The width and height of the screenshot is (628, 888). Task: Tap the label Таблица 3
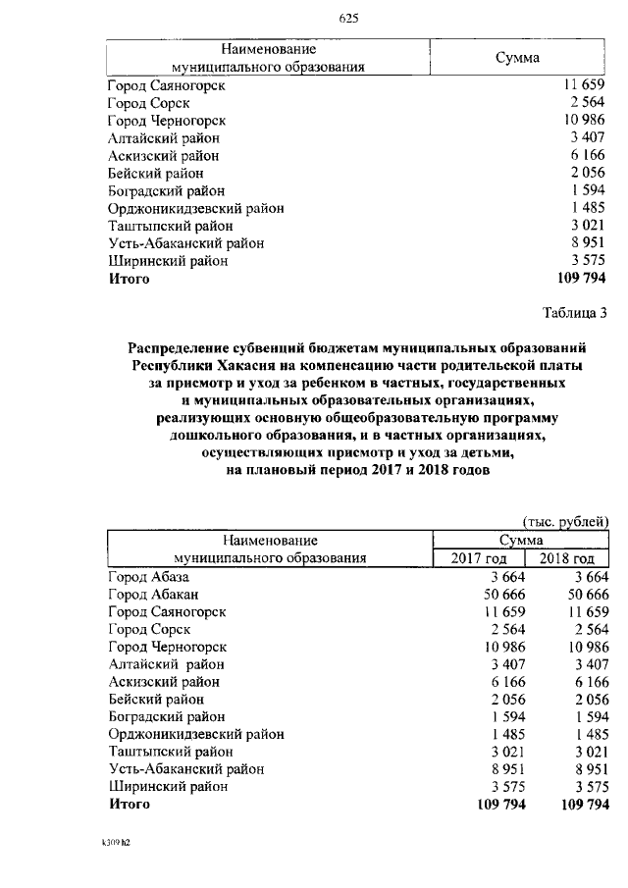[575, 313]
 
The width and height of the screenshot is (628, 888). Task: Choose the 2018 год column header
[568, 558]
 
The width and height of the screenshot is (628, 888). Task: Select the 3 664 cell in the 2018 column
[592, 576]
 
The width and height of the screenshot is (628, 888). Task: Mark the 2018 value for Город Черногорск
[588, 647]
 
